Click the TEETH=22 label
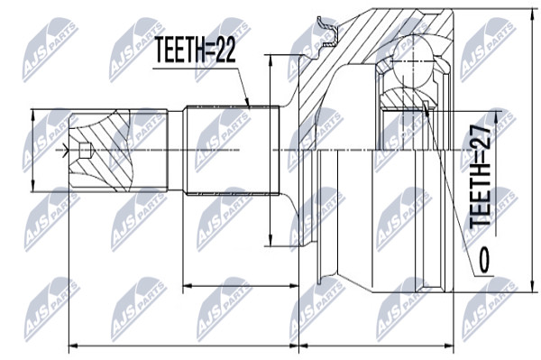pos(195,50)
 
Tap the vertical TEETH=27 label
pos(481,175)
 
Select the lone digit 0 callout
pos(484,259)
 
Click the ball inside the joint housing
pos(412,61)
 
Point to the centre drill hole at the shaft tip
pos(84,150)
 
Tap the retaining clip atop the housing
pos(328,32)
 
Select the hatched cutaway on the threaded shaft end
pos(100,151)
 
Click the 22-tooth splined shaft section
pos(231,151)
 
